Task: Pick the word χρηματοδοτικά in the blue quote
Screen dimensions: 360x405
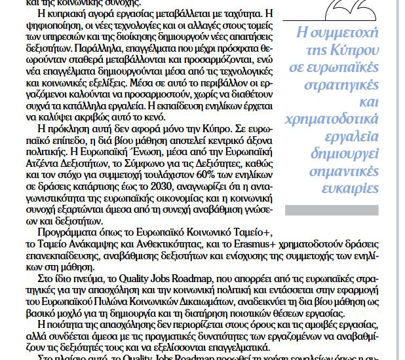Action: tap(347, 118)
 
